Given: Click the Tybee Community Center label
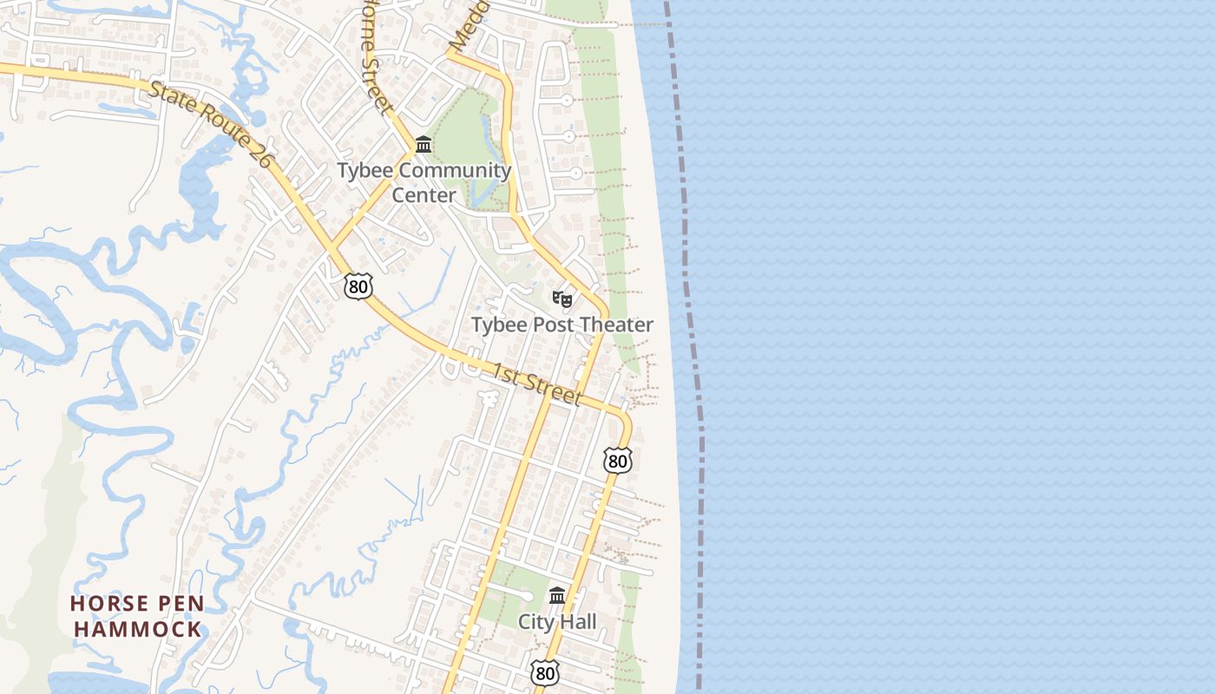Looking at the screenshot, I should click(424, 182).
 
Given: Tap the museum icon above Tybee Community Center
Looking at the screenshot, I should click(424, 144).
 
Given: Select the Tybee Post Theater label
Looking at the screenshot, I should click(562, 324).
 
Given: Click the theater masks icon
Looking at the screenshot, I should click(562, 299).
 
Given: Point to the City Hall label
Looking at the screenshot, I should click(557, 621).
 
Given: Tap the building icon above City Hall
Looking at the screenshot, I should click(557, 596).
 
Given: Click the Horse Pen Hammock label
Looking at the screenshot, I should click(137, 616).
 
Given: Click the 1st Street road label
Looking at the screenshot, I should click(537, 384).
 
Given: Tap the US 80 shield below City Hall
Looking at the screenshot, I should click(544, 672).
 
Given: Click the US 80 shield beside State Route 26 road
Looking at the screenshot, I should click(358, 286).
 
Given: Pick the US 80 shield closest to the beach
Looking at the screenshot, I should click(617, 461).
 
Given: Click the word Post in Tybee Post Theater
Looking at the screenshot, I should click(555, 324).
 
